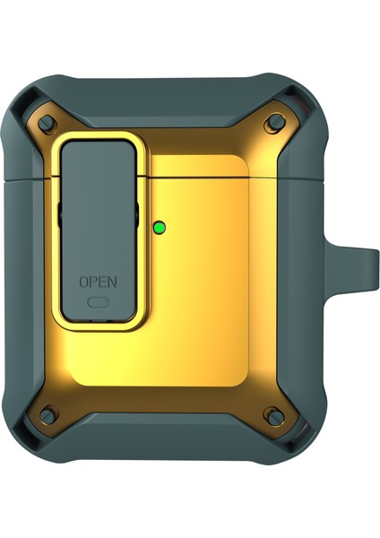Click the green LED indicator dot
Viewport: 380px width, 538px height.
(160, 227)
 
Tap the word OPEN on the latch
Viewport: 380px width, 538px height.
(98, 282)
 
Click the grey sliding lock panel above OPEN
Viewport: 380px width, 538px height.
(98, 206)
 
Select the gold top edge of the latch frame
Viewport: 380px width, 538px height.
(98, 138)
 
